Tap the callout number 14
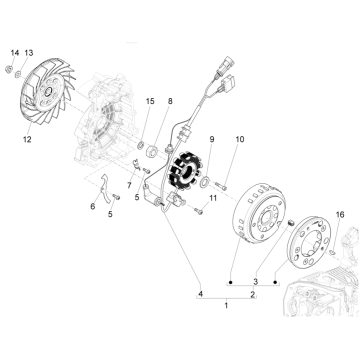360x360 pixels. tap(14, 51)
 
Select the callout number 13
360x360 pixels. tap(28, 51)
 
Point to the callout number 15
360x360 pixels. tap(150, 102)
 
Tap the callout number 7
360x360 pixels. tap(128, 187)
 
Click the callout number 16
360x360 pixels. tap(339, 214)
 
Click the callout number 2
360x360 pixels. tap(252, 293)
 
